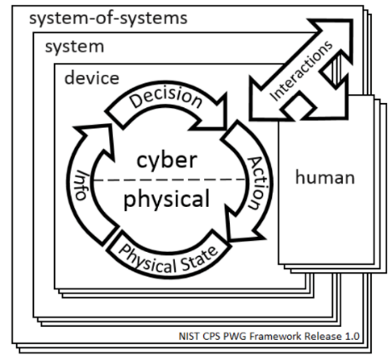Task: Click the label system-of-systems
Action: click(108, 18)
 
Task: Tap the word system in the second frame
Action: click(75, 47)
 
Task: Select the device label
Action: click(92, 78)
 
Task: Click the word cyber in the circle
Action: click(167, 160)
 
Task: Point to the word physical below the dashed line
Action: click(166, 200)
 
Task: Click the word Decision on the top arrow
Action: click(166, 97)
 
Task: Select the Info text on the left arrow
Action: click(82, 185)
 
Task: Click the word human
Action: click(325, 177)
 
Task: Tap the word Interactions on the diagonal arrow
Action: click(301, 71)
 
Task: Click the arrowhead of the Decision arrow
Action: click(214, 116)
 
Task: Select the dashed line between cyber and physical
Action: click(169, 180)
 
